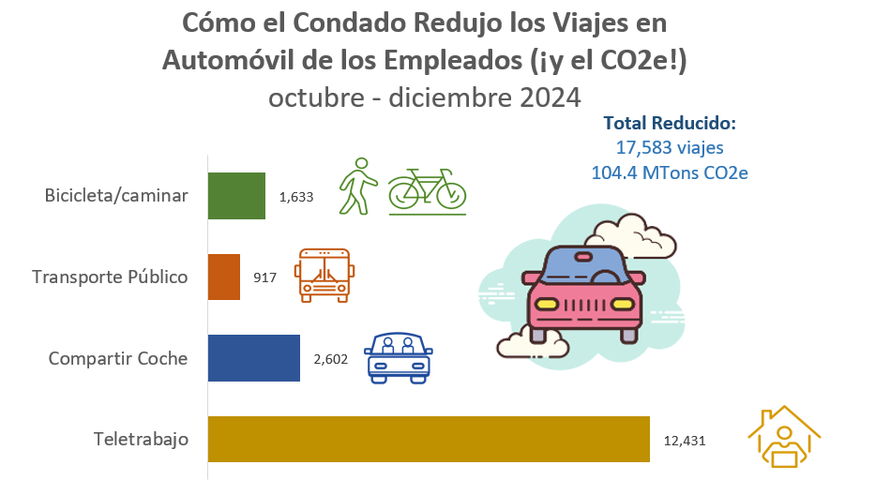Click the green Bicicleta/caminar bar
236,196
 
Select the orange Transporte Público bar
224,277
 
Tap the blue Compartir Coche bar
253,358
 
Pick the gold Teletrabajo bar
429,439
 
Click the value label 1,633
295,197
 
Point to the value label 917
265,278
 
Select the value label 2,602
330,359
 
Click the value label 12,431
684,440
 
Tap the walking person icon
357,186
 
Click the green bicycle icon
427,190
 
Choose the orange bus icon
323,275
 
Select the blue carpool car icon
400,357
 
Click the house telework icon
783,436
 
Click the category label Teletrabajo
142,439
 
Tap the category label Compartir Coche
118,358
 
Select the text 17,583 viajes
670,147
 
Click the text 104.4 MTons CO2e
670,172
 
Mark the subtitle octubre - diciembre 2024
425,97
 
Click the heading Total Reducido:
670,123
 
